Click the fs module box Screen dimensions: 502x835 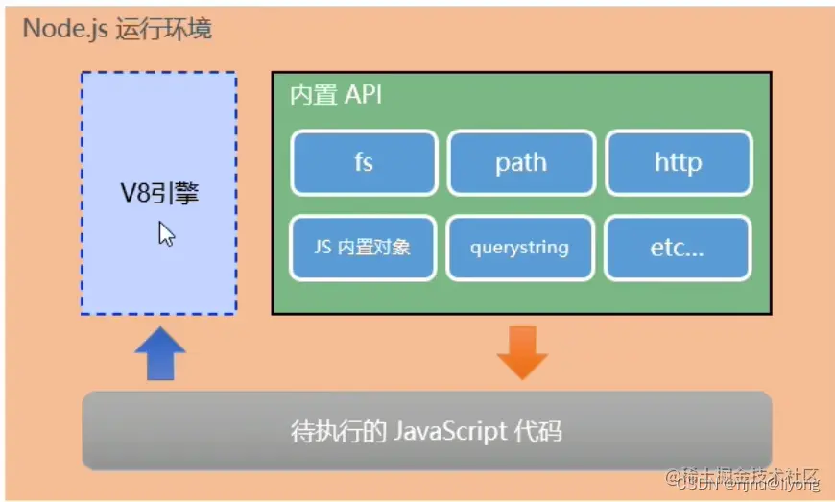pyautogui.click(x=364, y=163)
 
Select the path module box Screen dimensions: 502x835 pyautogui.click(x=521, y=163)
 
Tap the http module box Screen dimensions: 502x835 pyautogui.click(x=678, y=163)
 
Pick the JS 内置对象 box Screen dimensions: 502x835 pyautogui.click(x=363, y=247)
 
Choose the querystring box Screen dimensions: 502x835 pyautogui.click(x=519, y=247)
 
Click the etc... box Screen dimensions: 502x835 pyautogui.click(x=678, y=247)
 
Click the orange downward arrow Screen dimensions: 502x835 pyautogui.click(x=521, y=352)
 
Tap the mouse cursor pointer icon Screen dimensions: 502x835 pyautogui.click(x=166, y=233)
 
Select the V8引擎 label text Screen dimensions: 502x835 pyautogui.click(x=159, y=194)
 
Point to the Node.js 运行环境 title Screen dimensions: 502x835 pyautogui.click(x=117, y=28)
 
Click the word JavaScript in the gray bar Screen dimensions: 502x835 pyautogui.click(x=450, y=431)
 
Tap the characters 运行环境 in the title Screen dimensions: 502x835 pyautogui.click(x=163, y=28)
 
